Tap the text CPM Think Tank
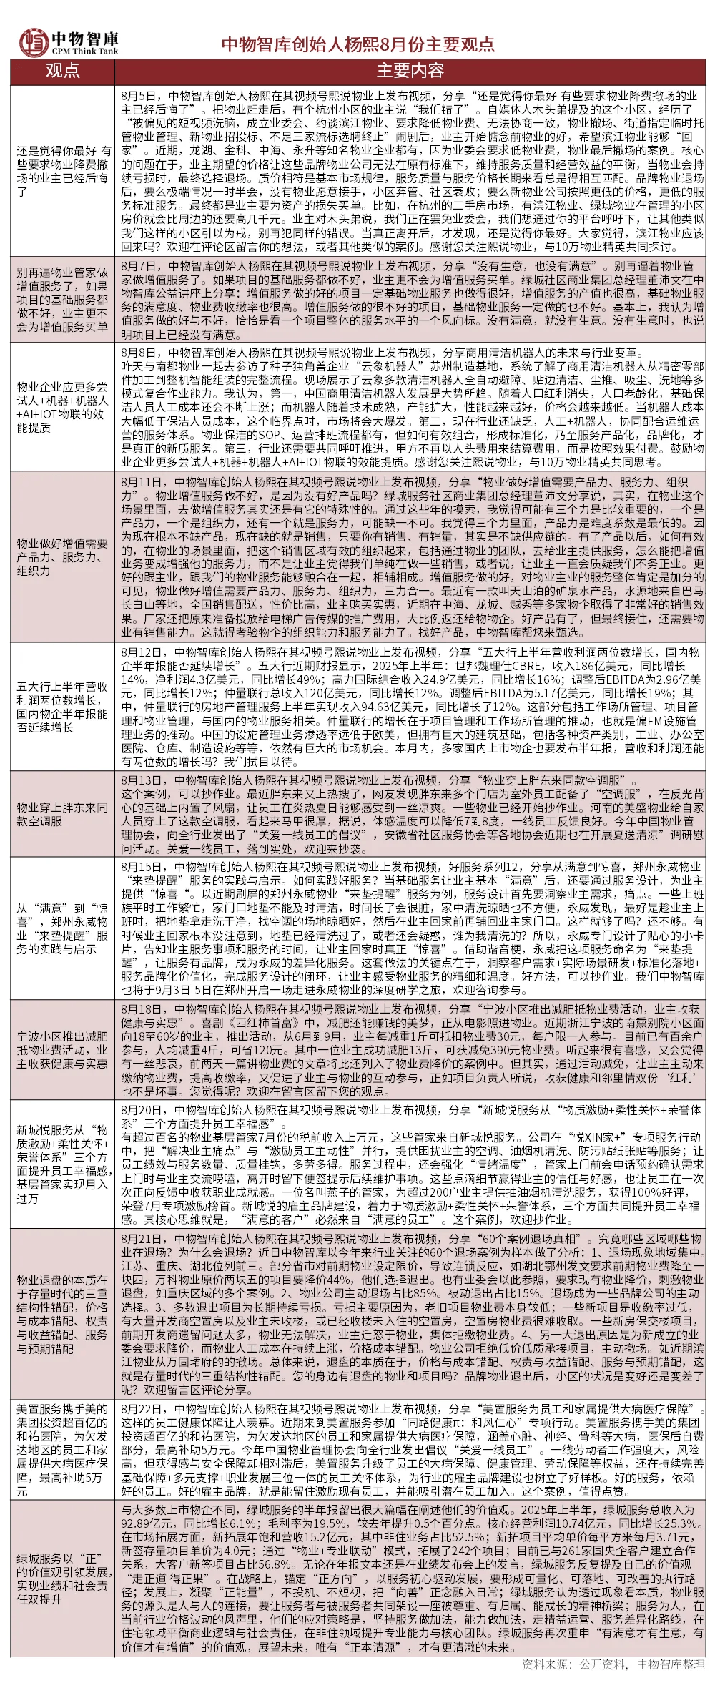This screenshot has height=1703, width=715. [85, 52]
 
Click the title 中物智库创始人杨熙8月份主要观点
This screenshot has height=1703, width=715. [357, 44]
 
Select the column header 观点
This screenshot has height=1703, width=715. [62, 71]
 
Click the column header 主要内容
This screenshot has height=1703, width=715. [410, 71]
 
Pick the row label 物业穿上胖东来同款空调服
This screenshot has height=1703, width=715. [62, 814]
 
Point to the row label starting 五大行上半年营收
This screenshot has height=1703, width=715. [62, 707]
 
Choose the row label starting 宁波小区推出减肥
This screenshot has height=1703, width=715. [62, 1049]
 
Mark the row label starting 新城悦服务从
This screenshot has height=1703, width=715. [62, 1164]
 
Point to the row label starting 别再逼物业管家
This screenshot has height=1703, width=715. [62, 300]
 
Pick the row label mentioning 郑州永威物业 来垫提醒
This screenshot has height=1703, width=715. [62, 928]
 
